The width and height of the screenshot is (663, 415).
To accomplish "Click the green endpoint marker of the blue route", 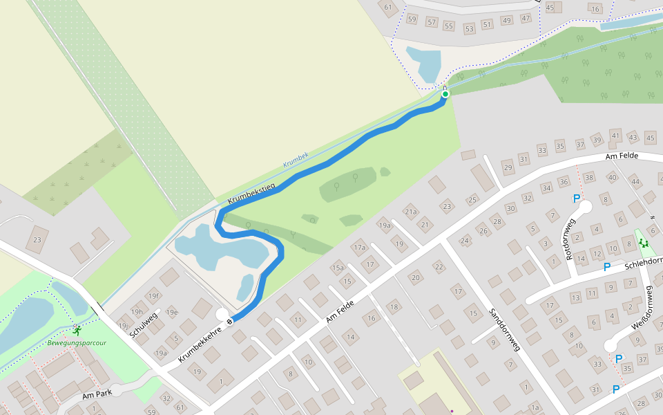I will point(445,94).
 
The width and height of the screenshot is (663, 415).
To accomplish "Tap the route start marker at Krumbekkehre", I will point(230,321).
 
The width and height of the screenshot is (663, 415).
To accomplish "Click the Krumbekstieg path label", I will point(251,194).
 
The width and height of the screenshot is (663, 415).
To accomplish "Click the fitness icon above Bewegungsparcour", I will point(76,329).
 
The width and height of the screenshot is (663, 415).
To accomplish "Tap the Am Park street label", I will point(97,395).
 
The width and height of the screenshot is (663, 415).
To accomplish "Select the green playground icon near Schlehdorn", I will point(644,243).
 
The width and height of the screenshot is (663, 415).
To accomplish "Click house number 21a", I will point(412,212).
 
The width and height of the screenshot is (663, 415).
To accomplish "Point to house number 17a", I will point(359,247).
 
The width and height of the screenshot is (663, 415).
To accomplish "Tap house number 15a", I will point(337,268).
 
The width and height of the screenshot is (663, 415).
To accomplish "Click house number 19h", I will point(137,312).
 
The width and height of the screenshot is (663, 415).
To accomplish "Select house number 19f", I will point(153,296).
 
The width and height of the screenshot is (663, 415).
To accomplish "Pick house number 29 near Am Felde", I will point(508,168).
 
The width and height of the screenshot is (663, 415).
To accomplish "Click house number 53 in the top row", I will point(470,28).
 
